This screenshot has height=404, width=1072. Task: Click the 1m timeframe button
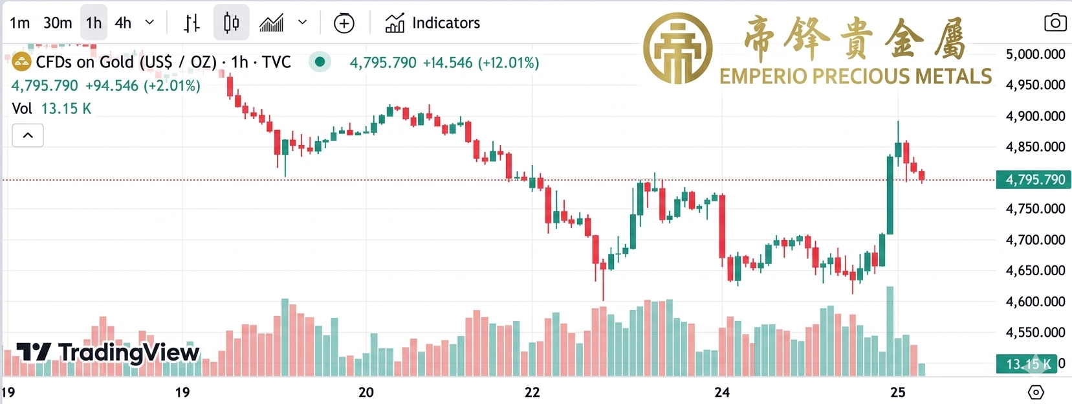[19, 23]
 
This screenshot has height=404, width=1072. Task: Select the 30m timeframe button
[58, 23]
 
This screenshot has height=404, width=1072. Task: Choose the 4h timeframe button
[123, 23]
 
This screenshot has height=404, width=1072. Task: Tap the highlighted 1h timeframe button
[94, 23]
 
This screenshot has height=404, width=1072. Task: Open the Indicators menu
[433, 23]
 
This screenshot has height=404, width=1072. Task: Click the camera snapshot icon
[1055, 23]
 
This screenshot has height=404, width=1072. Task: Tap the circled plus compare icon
[344, 24]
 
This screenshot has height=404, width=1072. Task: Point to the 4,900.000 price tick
[1035, 117]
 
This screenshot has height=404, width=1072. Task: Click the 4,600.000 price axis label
[1035, 302]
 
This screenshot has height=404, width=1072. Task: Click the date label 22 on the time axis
[532, 392]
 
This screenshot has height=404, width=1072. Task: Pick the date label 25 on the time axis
[897, 392]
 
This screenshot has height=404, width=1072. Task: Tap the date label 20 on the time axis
[366, 392]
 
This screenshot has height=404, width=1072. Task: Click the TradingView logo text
[128, 353]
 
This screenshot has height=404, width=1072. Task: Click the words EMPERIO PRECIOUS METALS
[855, 76]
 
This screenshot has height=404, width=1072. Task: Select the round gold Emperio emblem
[677, 49]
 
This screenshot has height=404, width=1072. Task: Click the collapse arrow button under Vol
[28, 135]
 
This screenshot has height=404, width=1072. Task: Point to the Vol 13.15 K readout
[52, 109]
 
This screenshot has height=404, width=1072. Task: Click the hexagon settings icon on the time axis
[1036, 392]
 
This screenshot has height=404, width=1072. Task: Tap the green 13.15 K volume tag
[1027, 364]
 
